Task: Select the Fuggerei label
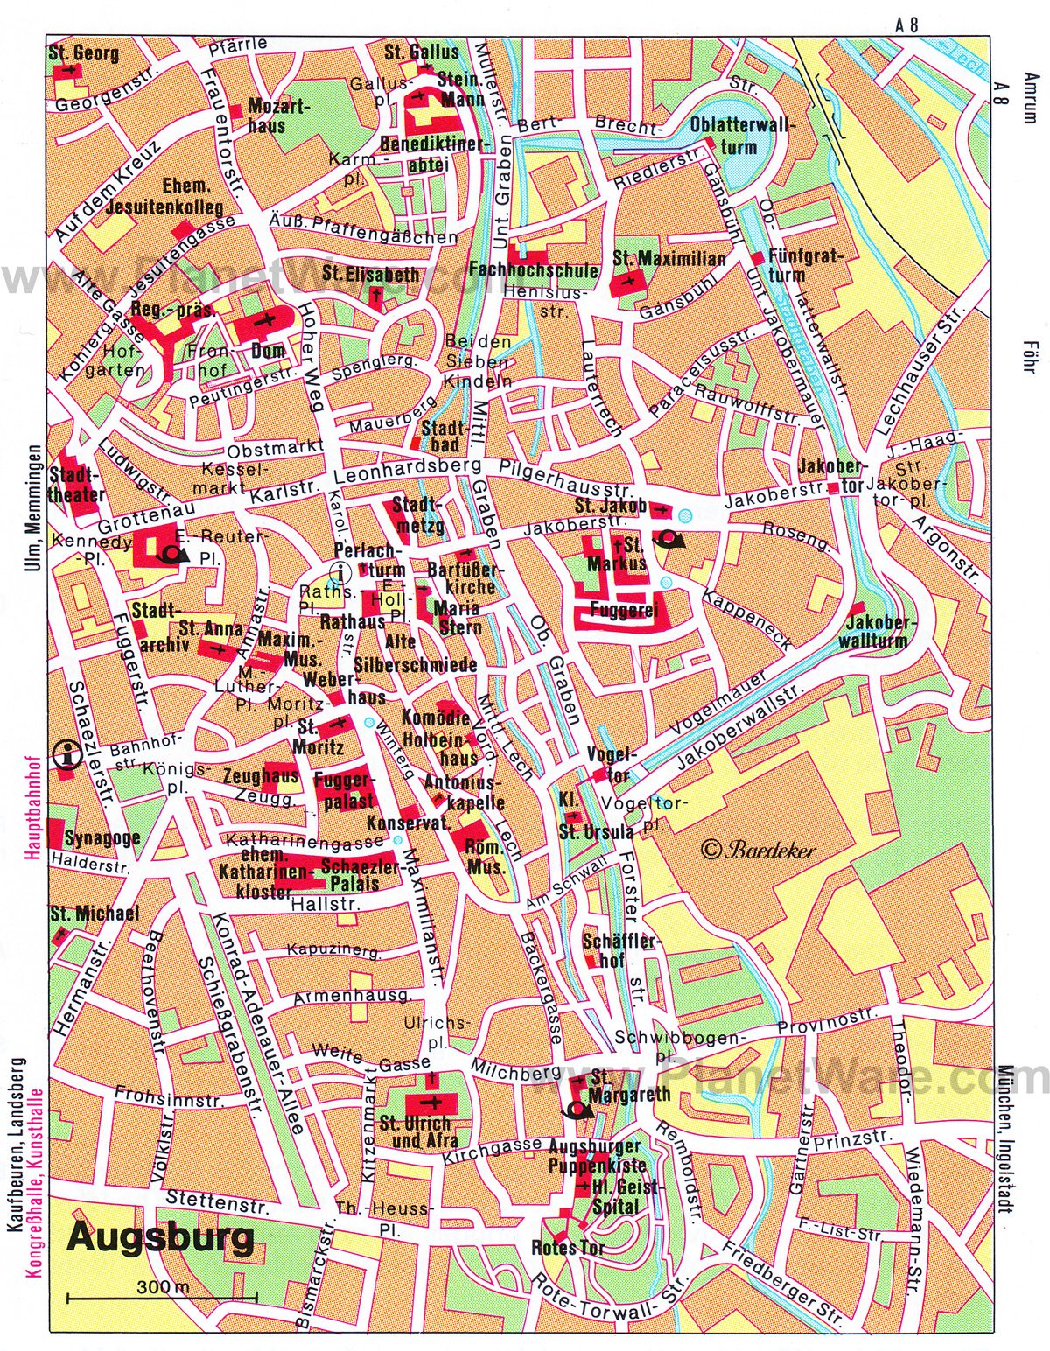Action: click(623, 608)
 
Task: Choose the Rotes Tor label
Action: click(567, 1247)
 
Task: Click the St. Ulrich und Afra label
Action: click(415, 1131)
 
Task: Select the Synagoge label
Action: click(102, 837)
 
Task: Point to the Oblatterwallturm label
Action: click(743, 136)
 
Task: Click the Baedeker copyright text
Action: click(758, 848)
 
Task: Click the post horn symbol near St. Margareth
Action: click(578, 1111)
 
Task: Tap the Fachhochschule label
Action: click(534, 270)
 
